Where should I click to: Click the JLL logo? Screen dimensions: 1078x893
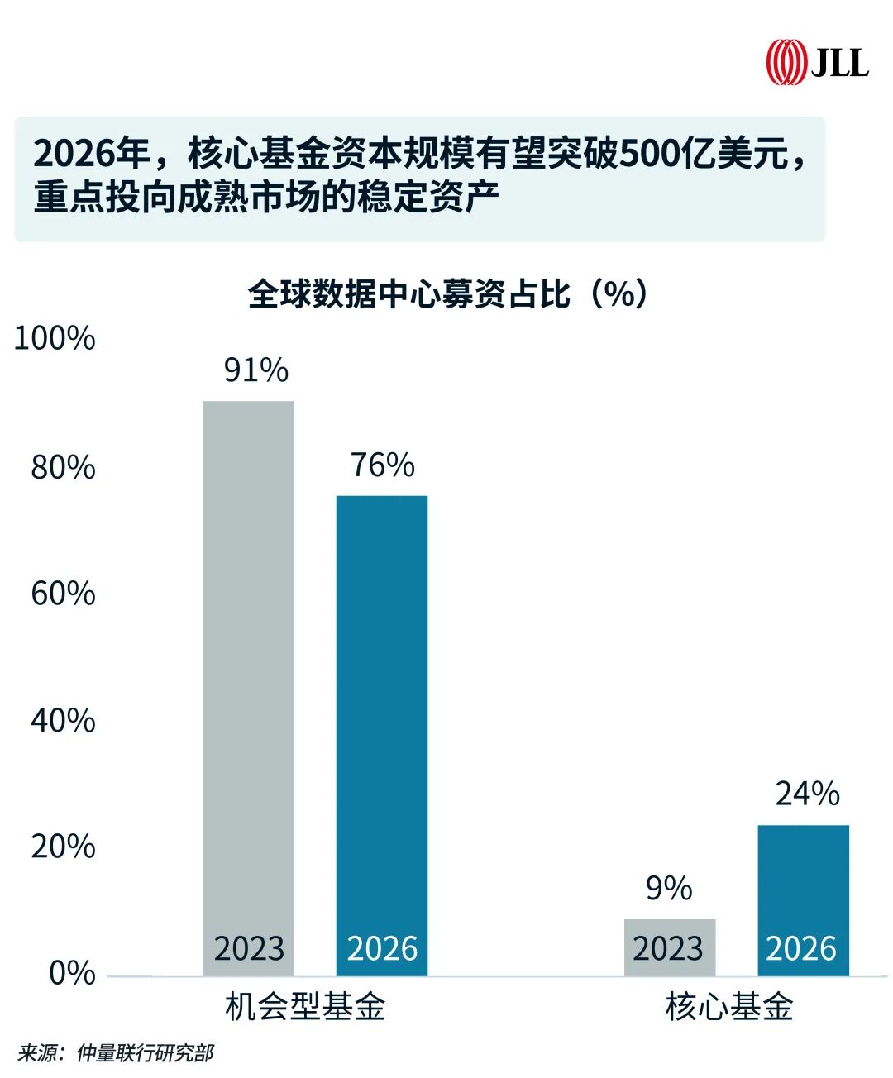tap(816, 63)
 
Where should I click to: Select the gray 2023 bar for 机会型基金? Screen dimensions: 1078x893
tap(248, 686)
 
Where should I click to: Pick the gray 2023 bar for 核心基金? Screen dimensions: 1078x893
tap(669, 947)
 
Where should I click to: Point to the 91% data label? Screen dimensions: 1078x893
tap(256, 370)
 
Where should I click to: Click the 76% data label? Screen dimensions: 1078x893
tap(382, 465)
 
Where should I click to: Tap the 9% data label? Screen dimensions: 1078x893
tap(669, 888)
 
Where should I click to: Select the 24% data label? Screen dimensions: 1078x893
tap(807, 794)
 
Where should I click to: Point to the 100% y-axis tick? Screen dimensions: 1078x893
tap(55, 338)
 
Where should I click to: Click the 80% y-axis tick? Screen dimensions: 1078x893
tap(63, 467)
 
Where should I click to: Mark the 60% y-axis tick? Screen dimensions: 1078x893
tap(63, 594)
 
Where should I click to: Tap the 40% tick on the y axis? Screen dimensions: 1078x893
tap(63, 720)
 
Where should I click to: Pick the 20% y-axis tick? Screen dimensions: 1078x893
tap(63, 847)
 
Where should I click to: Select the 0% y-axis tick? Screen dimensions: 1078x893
tap(72, 973)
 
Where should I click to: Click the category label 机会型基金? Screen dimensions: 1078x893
tap(305, 1006)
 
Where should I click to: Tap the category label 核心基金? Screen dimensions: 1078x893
tap(729, 1006)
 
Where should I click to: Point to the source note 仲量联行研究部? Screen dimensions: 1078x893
tap(145, 1052)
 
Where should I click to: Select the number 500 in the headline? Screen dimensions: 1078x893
tap(649, 154)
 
